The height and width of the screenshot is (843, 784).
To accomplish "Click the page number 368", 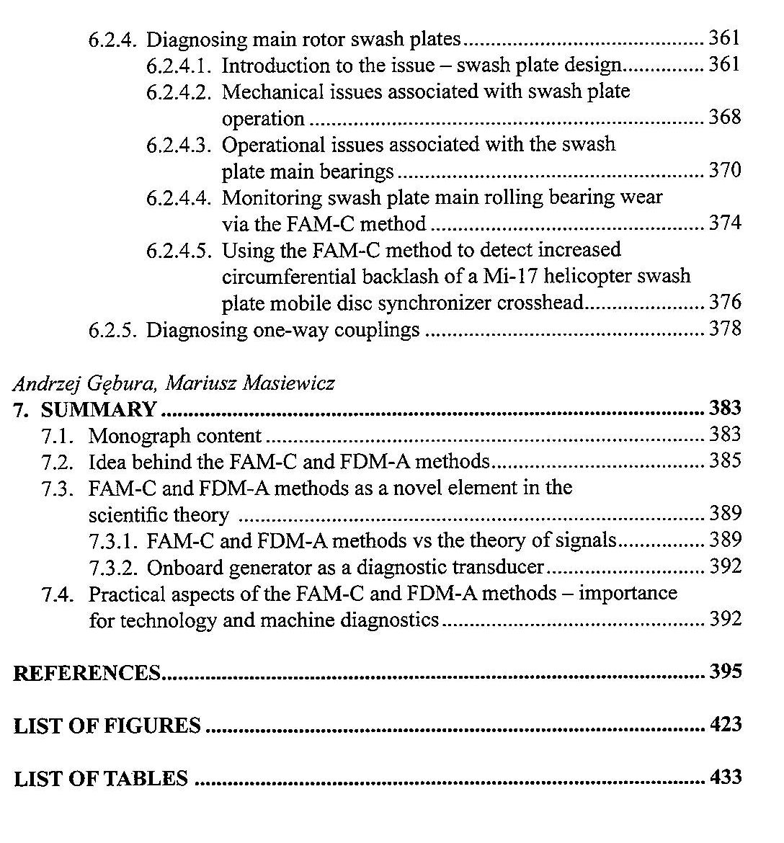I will [x=724, y=117].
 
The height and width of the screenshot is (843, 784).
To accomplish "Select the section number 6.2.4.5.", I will [x=179, y=251].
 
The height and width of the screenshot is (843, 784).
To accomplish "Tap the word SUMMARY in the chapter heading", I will [x=99, y=409].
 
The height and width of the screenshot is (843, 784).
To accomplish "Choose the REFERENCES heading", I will [x=86, y=673].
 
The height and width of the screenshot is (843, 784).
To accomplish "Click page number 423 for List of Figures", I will [x=725, y=724].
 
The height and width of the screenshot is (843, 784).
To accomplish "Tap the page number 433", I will [x=725, y=777].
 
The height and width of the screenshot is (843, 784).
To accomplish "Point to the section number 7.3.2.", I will [x=115, y=568].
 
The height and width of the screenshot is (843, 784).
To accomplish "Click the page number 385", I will [x=725, y=460].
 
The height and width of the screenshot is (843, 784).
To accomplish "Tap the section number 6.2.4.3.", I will [x=179, y=145].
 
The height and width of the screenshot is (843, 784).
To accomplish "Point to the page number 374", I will [x=725, y=223].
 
